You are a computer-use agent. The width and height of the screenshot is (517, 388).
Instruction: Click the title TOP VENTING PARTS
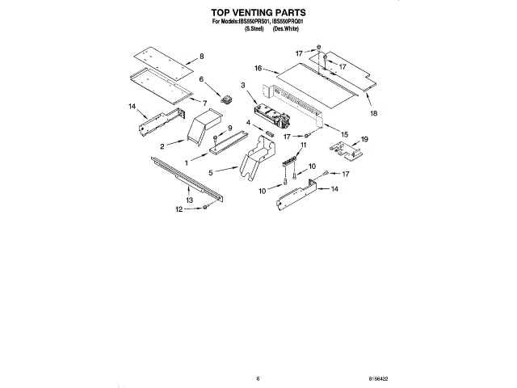click(x=258, y=14)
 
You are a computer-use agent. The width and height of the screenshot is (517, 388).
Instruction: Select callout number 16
click(x=259, y=70)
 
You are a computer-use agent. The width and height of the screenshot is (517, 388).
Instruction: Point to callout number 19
click(x=364, y=139)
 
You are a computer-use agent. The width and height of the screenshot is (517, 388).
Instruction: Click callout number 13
click(x=189, y=199)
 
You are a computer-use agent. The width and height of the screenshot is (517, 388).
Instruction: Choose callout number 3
click(x=242, y=84)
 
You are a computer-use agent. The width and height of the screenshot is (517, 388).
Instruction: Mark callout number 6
click(x=202, y=80)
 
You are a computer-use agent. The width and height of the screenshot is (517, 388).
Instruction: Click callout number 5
click(x=210, y=172)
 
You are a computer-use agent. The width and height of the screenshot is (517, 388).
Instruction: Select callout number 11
click(x=304, y=145)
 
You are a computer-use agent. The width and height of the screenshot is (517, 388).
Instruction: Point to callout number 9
click(x=229, y=129)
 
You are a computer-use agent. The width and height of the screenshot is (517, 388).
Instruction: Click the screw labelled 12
click(x=206, y=208)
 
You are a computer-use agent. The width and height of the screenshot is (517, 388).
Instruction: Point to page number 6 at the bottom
click(x=258, y=377)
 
